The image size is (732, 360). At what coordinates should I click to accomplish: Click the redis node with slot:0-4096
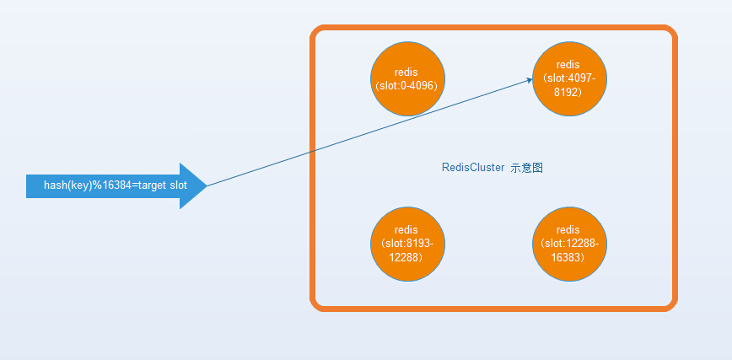point(407,79)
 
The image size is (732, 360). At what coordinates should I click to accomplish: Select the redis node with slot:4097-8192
point(569,79)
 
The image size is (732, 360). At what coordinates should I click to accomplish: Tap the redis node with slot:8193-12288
point(407,244)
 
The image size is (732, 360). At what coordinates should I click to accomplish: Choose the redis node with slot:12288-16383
point(569,244)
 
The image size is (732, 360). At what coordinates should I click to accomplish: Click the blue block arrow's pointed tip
point(207,185)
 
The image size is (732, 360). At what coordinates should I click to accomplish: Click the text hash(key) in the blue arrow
point(68,185)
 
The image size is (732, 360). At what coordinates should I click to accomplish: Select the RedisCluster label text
point(473,168)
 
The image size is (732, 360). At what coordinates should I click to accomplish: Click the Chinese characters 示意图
point(526,168)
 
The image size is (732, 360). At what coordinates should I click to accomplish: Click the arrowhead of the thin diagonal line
point(530,80)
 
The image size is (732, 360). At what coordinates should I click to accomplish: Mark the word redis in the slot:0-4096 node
point(406,73)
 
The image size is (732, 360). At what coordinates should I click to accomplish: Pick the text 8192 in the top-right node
point(568,92)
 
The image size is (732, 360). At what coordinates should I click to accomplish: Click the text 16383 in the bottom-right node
point(568,257)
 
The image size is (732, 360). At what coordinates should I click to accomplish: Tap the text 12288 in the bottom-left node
point(406,257)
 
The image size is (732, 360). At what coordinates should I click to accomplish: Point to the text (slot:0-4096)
point(406,86)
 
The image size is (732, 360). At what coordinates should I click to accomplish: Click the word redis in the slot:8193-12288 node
point(406,229)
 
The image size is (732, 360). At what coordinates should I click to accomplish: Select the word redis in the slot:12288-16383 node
point(568,229)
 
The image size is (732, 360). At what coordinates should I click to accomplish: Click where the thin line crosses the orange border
point(313,151)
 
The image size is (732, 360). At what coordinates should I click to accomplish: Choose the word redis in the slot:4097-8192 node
point(568,64)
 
